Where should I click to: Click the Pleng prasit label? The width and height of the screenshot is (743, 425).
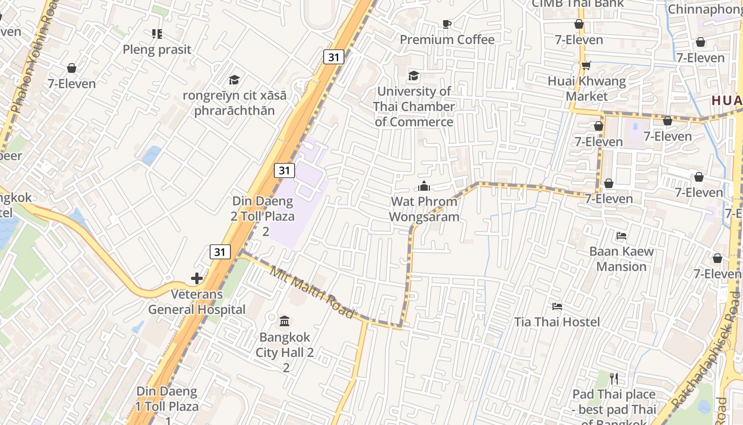tap(157, 49)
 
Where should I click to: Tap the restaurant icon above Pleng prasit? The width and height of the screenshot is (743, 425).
tap(157, 34)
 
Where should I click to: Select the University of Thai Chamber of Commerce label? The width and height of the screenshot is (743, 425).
tap(414, 106)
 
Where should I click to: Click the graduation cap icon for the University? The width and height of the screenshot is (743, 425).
tap(413, 76)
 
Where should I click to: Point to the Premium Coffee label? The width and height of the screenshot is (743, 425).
tap(447, 40)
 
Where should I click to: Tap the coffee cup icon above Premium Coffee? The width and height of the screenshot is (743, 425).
tap(446, 24)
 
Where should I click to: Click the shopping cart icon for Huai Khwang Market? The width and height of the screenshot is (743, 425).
tap(586, 66)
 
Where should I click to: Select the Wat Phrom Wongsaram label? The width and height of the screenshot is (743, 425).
tap(424, 209)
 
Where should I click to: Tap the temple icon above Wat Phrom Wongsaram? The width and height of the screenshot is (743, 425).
tap(424, 186)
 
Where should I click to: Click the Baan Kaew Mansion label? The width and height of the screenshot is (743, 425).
tap(621, 259)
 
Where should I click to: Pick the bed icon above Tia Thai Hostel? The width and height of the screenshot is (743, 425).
tap(557, 307)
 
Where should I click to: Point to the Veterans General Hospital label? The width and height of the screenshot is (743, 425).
tap(197, 302)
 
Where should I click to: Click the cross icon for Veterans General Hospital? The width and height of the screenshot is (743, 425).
tap(197, 278)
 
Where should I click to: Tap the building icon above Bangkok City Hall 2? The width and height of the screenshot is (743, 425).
tap(284, 321)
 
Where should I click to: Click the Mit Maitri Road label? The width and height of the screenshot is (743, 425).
tap(312, 293)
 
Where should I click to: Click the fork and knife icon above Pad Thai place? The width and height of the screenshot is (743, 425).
tap(614, 379)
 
